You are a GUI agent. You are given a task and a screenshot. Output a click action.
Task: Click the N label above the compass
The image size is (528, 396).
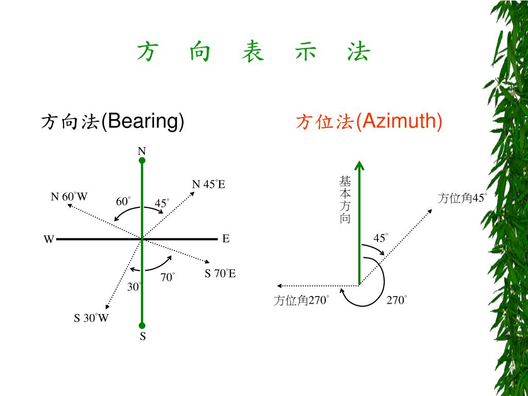(142, 151)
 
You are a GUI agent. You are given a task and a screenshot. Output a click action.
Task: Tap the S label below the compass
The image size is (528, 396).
(143, 337)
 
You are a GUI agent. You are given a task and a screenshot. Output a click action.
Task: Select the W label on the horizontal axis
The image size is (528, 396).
(48, 239)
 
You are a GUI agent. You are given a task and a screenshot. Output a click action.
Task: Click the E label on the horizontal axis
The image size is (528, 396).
(226, 239)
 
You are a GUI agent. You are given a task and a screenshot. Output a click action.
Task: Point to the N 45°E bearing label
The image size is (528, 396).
(208, 185)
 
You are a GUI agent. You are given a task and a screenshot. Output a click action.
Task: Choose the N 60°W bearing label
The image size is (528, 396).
(69, 197)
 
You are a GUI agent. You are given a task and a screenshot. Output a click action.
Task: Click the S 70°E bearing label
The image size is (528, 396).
(220, 274)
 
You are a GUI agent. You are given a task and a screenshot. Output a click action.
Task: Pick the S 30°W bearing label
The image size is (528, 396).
(91, 318)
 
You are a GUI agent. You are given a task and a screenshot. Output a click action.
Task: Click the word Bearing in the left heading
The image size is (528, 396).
(143, 122)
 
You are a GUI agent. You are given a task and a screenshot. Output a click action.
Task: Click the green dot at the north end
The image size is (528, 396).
(142, 160)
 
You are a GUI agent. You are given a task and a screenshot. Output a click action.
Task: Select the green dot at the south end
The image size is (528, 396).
(142, 325)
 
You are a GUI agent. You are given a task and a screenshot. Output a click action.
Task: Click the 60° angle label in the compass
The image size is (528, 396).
(123, 202)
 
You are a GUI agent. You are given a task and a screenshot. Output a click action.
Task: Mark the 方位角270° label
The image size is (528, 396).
(301, 301)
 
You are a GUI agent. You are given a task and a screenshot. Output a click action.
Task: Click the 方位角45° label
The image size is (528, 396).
(462, 198)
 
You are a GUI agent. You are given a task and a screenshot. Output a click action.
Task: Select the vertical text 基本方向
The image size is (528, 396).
(345, 200)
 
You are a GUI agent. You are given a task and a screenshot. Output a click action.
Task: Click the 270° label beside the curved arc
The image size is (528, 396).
(397, 300)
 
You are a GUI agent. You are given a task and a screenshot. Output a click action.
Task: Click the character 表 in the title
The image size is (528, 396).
(253, 53)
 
